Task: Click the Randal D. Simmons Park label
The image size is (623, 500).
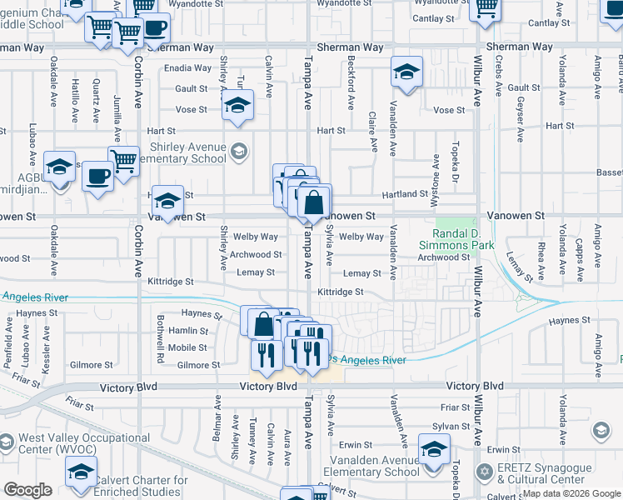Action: [464, 239]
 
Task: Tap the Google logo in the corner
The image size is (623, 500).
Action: [27, 490]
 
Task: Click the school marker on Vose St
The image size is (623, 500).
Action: [237, 106]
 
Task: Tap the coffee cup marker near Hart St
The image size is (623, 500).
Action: [98, 177]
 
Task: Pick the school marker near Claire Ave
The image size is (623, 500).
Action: [406, 72]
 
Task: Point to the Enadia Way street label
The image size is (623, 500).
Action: [188, 68]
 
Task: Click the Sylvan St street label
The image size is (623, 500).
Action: [456, 425]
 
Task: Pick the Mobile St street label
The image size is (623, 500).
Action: [187, 347]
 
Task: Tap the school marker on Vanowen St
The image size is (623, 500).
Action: [167, 202]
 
